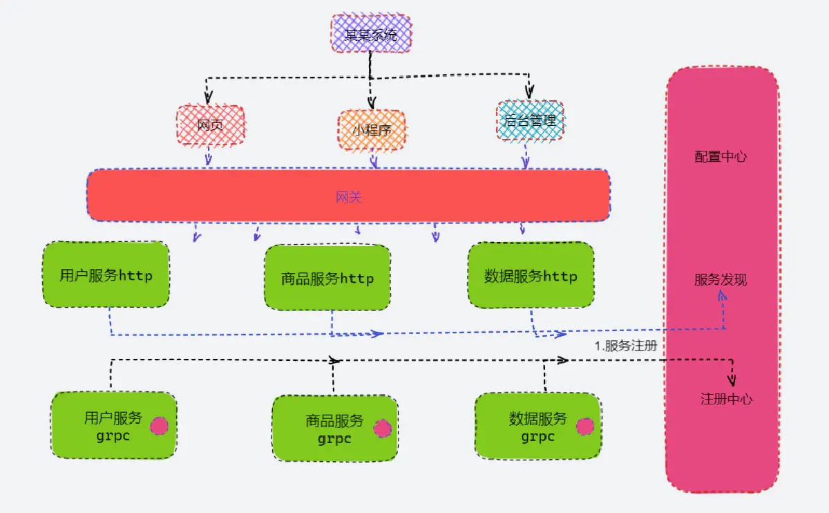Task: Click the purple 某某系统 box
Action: (371, 34)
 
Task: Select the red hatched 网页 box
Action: (210, 126)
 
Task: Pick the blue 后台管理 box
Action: (530, 122)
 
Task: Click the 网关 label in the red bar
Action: (349, 198)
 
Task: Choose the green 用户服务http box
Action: (106, 275)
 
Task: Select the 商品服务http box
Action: (327, 278)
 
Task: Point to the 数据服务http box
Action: (531, 276)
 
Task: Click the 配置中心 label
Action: (721, 157)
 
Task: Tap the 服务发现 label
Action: (721, 280)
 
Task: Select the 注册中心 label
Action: (726, 399)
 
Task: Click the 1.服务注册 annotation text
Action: (626, 346)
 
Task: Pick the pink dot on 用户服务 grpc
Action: (160, 426)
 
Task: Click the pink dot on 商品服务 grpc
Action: (382, 429)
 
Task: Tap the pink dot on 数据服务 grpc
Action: (584, 427)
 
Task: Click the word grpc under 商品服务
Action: (334, 438)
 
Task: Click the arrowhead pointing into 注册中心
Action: (732, 380)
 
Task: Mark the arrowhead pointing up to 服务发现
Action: (722, 296)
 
